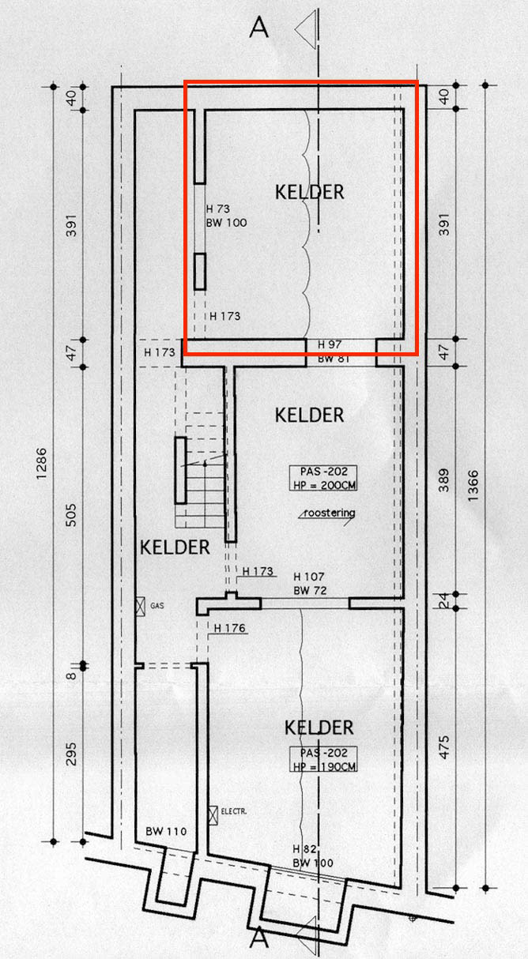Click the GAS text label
(x=157, y=606)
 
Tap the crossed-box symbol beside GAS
(x=141, y=606)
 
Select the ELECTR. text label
(x=234, y=811)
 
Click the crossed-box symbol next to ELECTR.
(x=213, y=815)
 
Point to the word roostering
(x=330, y=513)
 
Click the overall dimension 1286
(x=41, y=464)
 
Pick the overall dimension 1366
(x=473, y=486)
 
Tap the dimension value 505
(x=71, y=515)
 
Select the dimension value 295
(x=71, y=754)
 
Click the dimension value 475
(x=444, y=747)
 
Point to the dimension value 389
(x=444, y=480)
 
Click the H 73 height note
(x=218, y=209)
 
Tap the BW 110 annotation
(x=166, y=831)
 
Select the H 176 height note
(x=229, y=628)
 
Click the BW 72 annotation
(x=310, y=591)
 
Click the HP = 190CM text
(x=325, y=766)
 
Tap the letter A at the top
(x=259, y=28)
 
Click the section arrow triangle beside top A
(x=305, y=29)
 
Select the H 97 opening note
(x=330, y=344)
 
